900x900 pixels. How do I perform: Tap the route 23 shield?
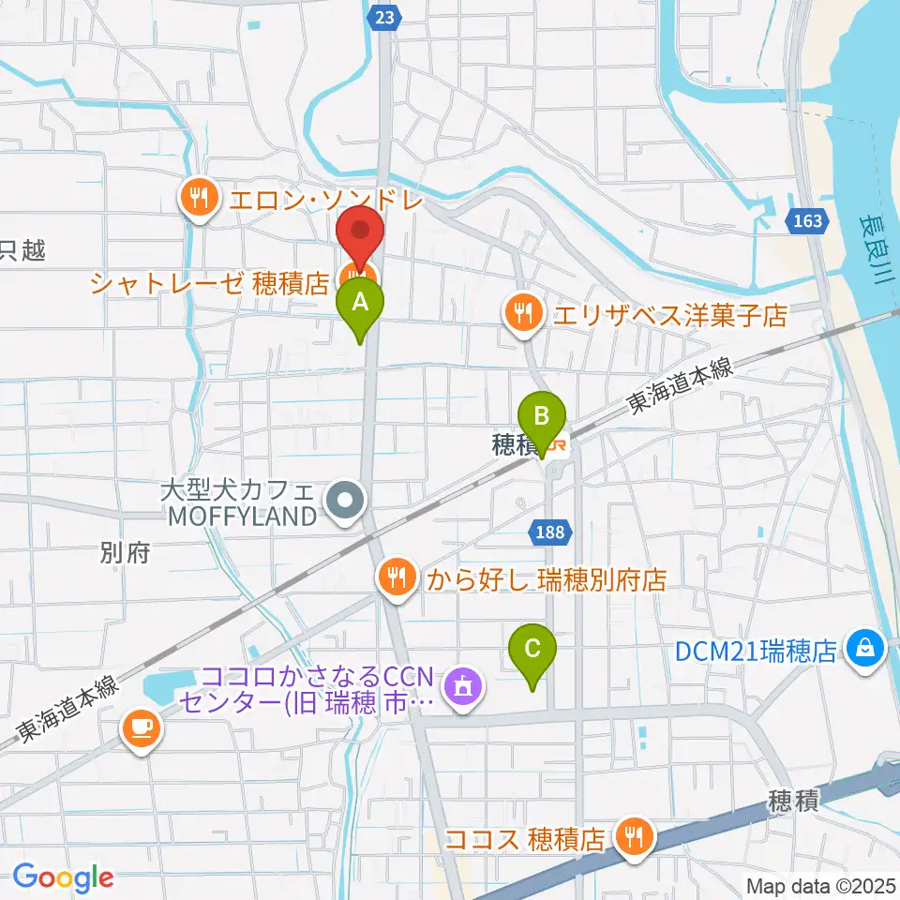[387, 17]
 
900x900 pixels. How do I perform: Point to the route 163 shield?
[806, 221]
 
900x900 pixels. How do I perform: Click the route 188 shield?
[550, 533]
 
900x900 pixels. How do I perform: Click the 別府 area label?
[124, 554]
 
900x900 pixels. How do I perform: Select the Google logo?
[63, 877]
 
